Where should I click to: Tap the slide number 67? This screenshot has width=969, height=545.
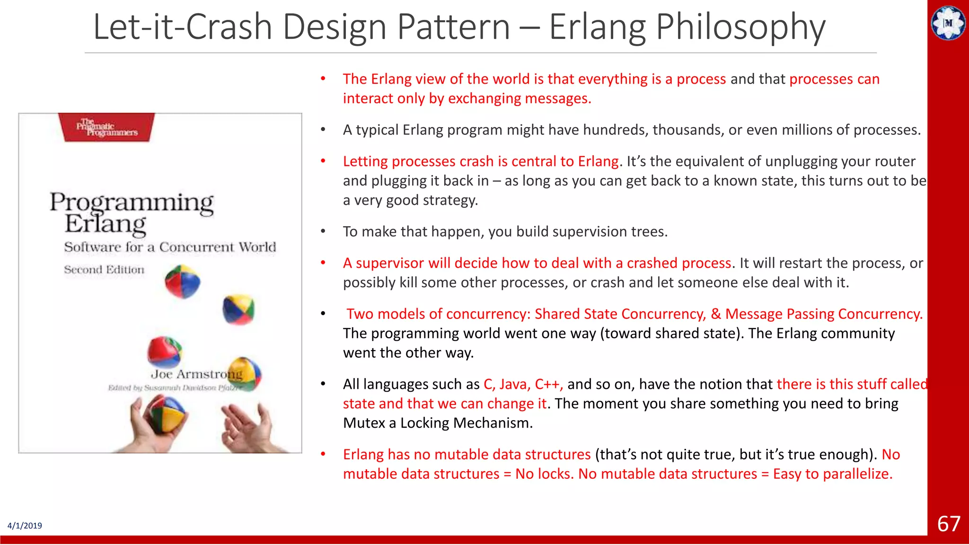pyautogui.click(x=949, y=524)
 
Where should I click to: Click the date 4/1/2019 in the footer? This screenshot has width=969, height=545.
pyautogui.click(x=25, y=526)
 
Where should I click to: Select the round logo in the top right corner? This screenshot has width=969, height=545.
pyautogui.click(x=948, y=23)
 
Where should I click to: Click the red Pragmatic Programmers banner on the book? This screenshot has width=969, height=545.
pyautogui.click(x=107, y=127)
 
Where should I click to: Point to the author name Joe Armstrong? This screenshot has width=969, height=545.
pyautogui.click(x=196, y=374)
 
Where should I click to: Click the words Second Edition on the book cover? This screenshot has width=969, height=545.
pyautogui.click(x=104, y=270)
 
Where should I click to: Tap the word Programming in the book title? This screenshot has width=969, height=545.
pyautogui.click(x=132, y=202)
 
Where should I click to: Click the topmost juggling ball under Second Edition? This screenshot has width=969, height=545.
pyautogui.click(x=183, y=281)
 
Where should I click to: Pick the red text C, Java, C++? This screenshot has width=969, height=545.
pyautogui.click(x=523, y=384)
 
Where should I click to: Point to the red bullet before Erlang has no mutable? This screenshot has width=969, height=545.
pyautogui.click(x=323, y=455)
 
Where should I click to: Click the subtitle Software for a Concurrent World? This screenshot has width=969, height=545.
pyautogui.click(x=170, y=247)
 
